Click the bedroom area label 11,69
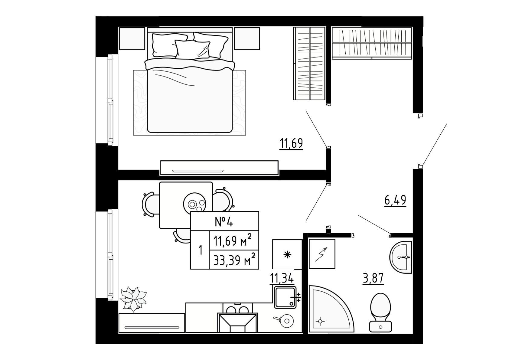291,143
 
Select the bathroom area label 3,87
373,278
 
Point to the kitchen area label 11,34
282,278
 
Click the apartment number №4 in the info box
224,221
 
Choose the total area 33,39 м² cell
234,260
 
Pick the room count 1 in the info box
200,250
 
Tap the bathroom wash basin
401,257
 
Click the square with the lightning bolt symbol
322,254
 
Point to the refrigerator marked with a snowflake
287,254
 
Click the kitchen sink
285,297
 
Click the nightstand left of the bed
132,38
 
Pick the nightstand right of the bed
247,38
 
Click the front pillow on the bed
192,49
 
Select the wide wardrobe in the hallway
372,43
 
